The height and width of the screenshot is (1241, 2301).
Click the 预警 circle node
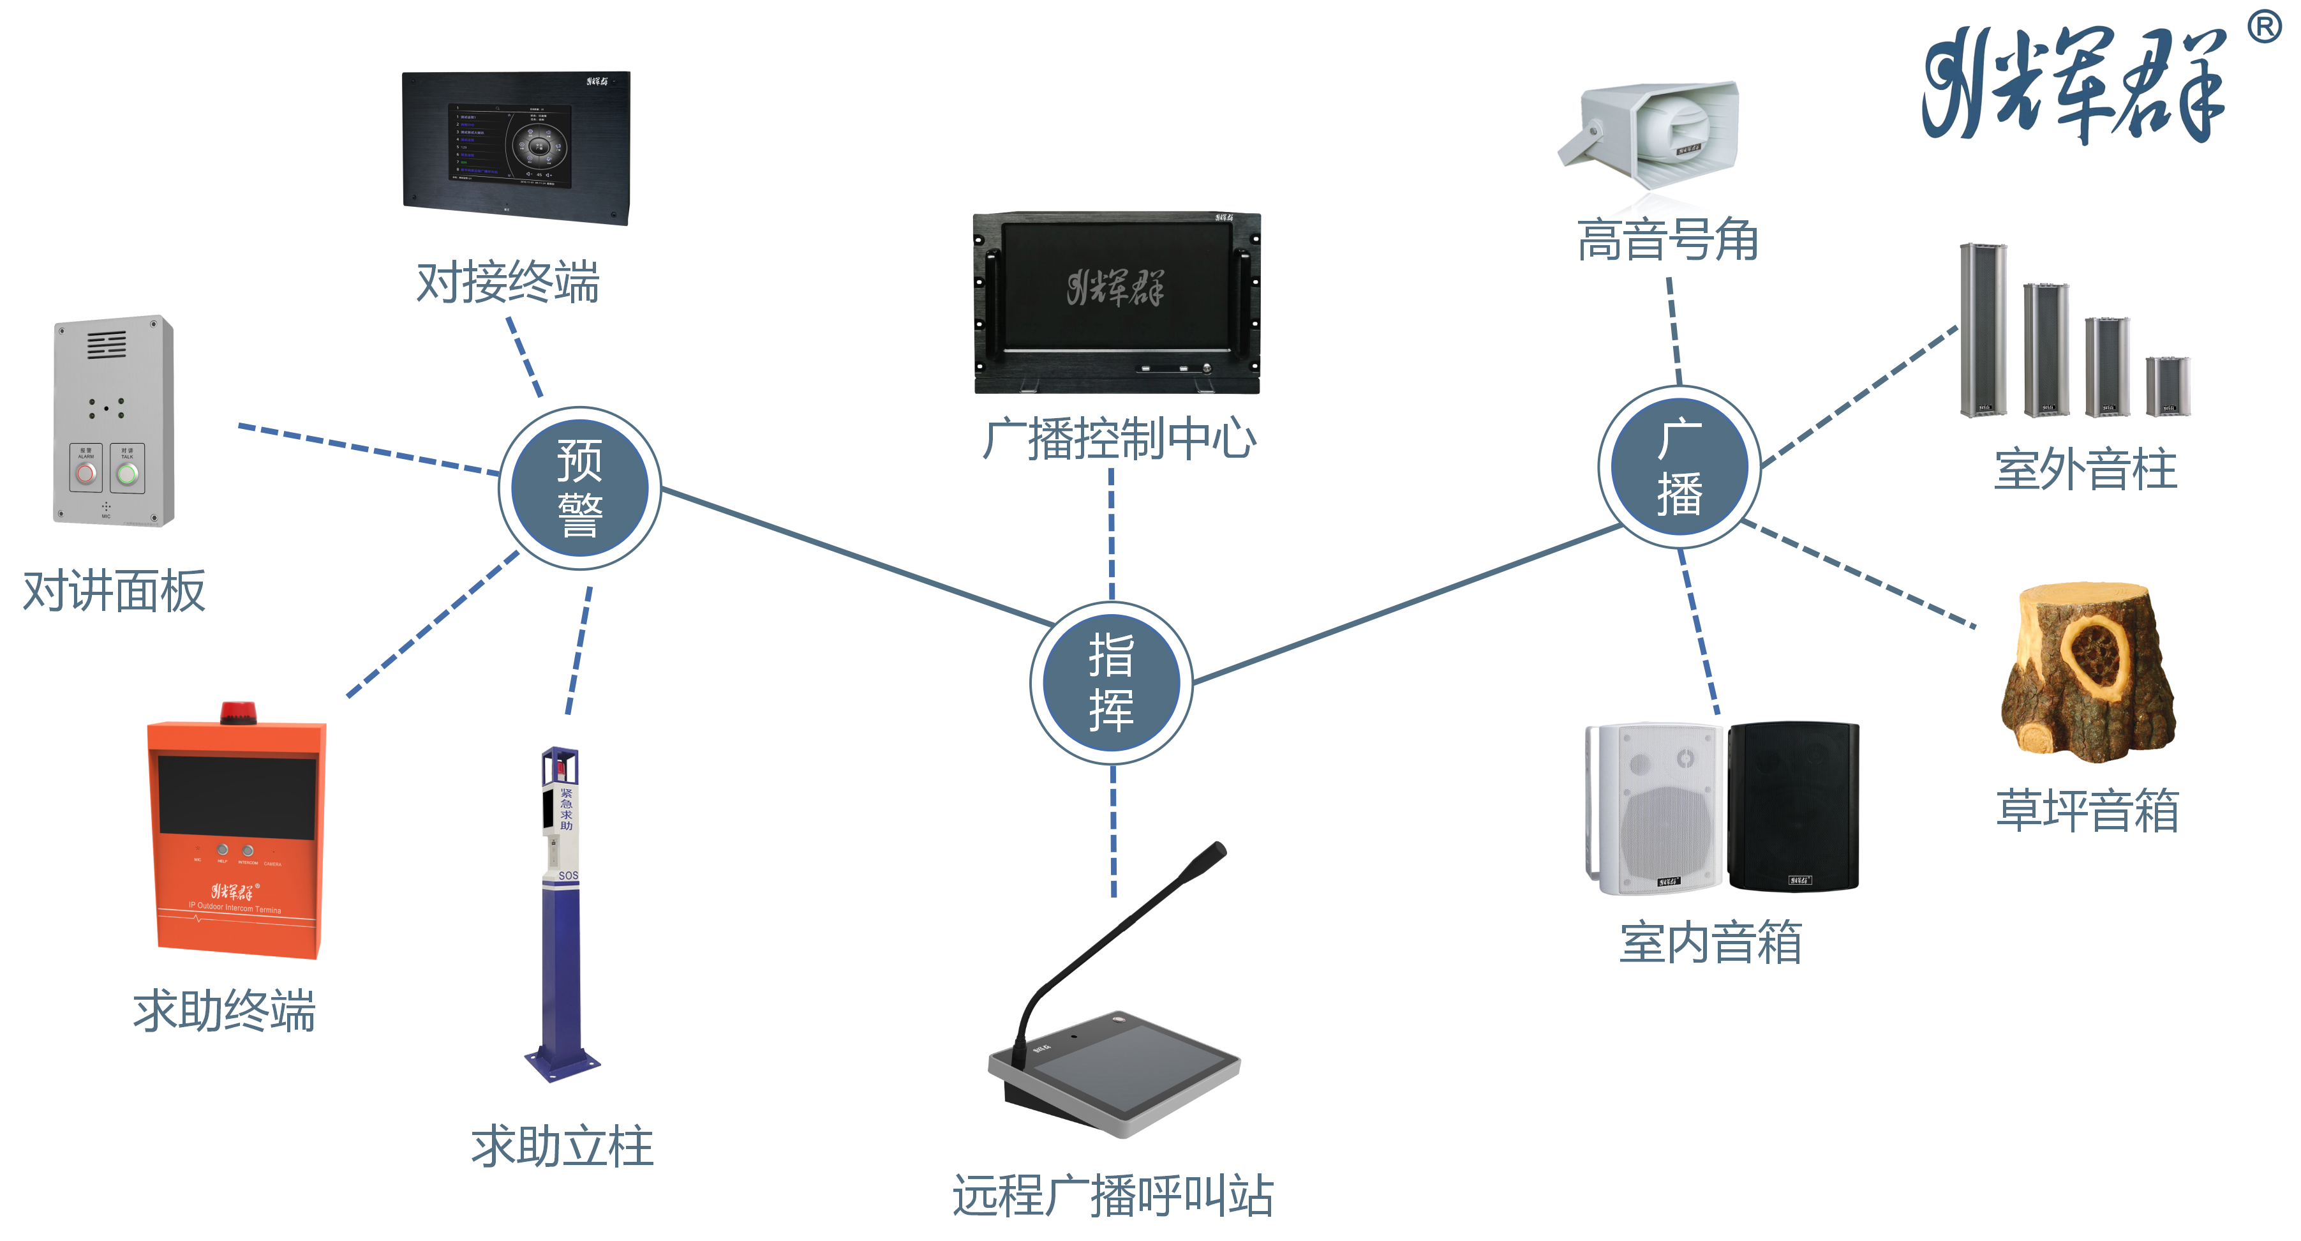click(579, 488)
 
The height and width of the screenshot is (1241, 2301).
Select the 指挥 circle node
click(1110, 682)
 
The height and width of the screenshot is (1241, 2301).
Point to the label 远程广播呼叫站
click(1112, 1196)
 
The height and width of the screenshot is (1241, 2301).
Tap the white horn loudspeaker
click(1653, 132)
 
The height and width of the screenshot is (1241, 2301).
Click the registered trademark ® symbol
click(2265, 27)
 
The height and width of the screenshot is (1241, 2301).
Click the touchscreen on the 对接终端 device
click(510, 146)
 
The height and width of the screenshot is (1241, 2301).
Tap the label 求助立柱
click(562, 1147)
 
